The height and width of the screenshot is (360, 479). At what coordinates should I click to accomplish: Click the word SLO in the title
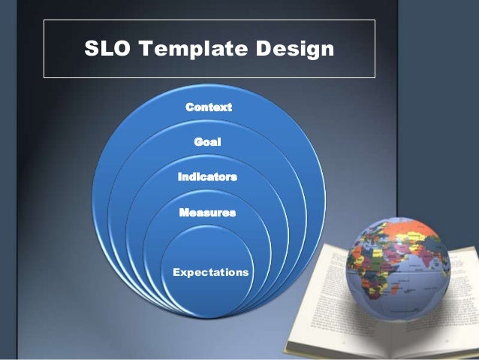coord(106,50)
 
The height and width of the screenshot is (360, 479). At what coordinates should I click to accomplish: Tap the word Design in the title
coord(296,50)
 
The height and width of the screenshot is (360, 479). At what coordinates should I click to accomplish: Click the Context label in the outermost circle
coord(209,107)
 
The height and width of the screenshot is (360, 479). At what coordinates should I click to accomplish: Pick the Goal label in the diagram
coord(208,142)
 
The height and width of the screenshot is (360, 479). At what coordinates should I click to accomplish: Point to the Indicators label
coord(207,177)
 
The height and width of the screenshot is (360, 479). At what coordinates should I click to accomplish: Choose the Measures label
coord(207,213)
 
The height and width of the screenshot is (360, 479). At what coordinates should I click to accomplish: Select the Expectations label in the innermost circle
coord(211,271)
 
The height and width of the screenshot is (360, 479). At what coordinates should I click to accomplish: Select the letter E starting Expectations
coord(176,271)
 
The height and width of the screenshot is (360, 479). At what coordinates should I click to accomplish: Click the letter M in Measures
coord(184,213)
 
